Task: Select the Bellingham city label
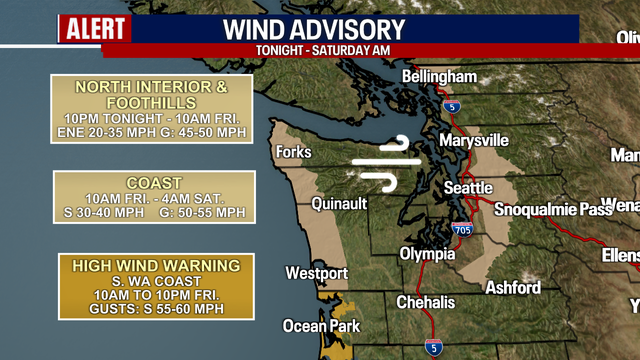coord(439,77)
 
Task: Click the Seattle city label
coord(468,188)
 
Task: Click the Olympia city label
coord(427,254)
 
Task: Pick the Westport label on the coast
coord(316,273)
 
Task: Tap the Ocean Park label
coord(319,325)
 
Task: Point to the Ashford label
coord(513,288)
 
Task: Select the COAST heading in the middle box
coord(153,183)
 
